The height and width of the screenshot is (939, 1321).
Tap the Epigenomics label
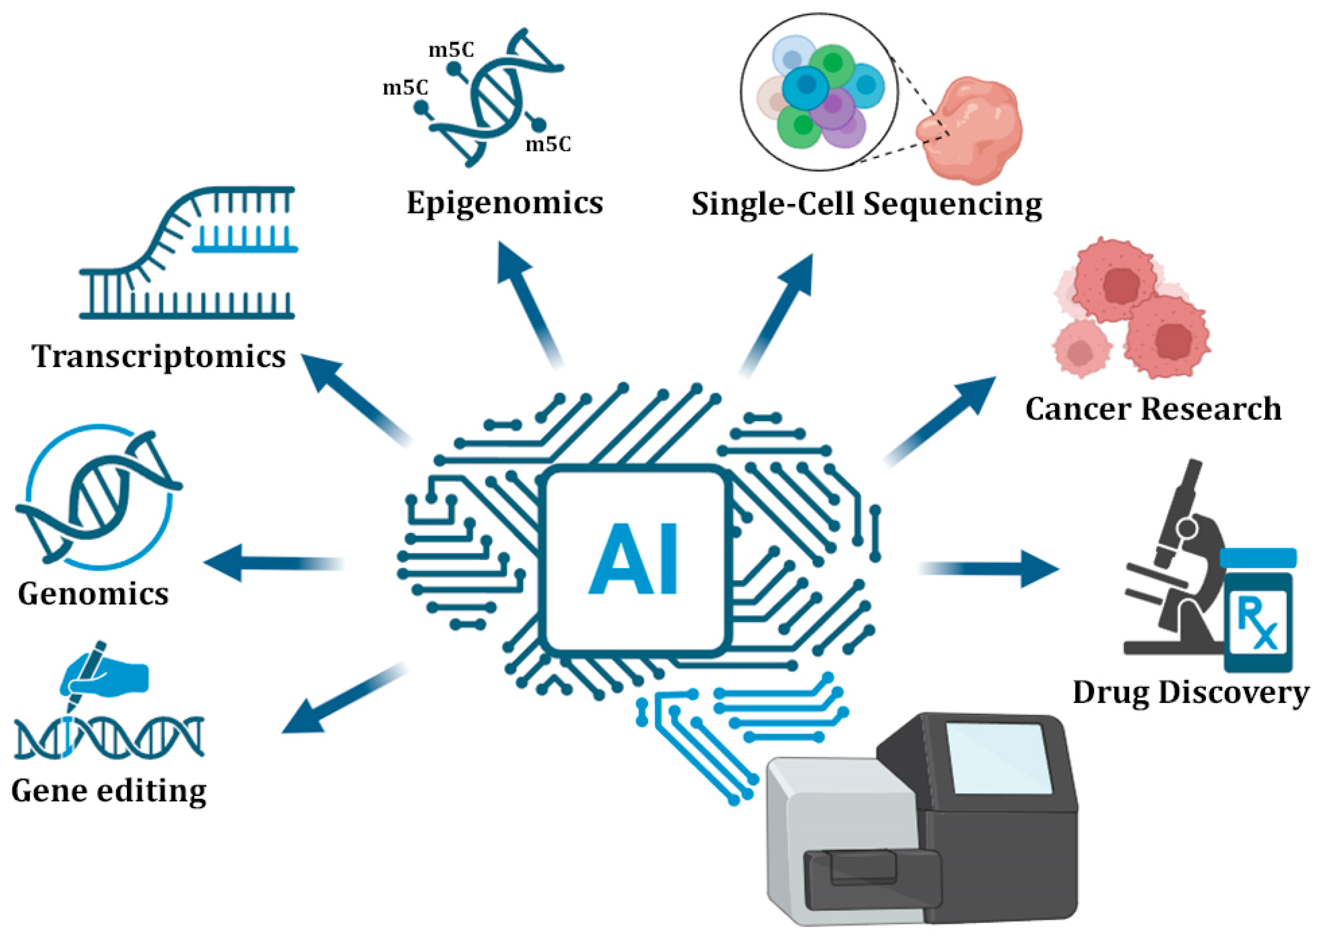pos(505,203)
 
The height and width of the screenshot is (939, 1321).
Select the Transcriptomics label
pos(159,356)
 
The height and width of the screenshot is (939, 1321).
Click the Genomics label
pos(93,594)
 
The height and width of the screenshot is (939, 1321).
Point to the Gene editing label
pos(109,791)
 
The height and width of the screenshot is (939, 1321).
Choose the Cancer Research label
pos(1153,409)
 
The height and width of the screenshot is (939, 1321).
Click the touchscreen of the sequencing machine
pos(999,758)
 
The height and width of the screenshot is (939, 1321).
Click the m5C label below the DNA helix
pos(548,144)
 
